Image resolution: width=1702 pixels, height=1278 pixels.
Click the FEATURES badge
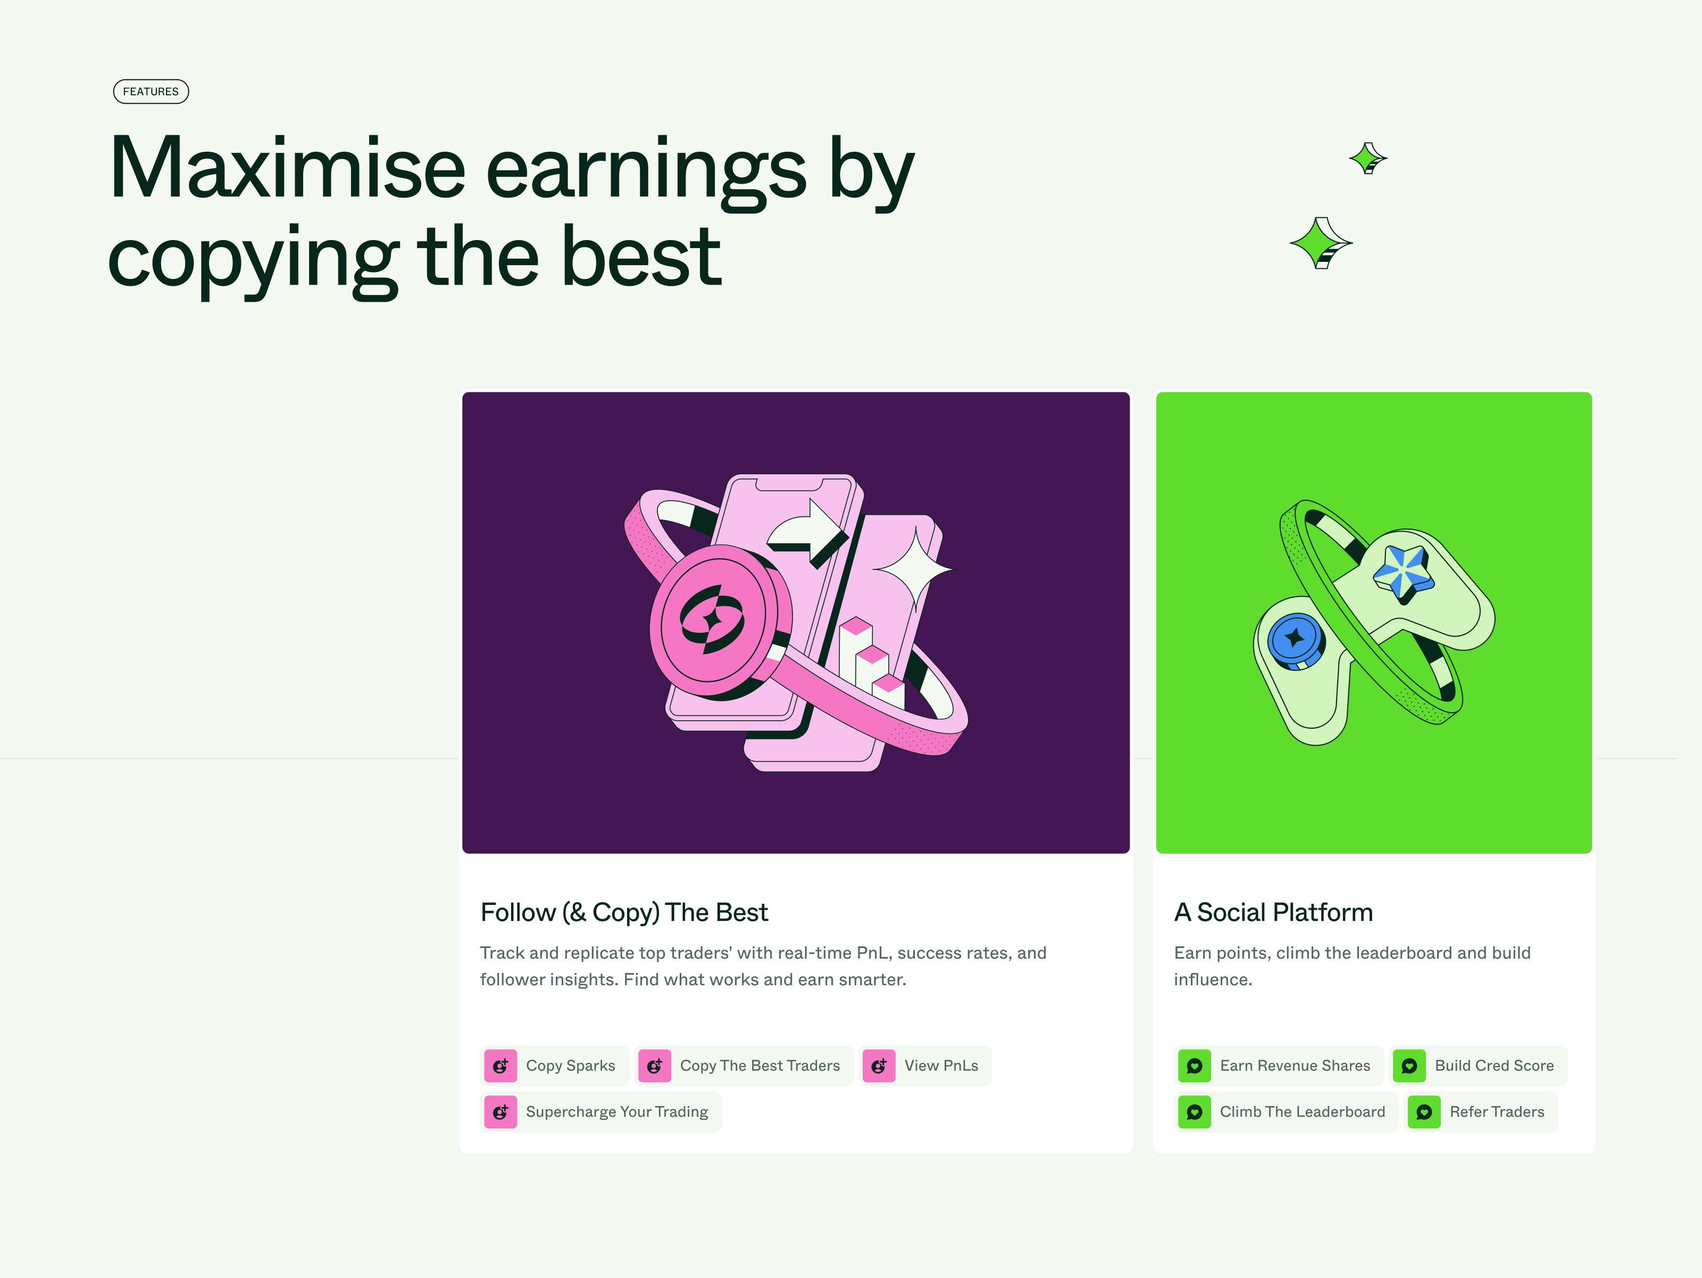point(151,92)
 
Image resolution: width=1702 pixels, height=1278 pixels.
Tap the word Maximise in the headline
point(288,168)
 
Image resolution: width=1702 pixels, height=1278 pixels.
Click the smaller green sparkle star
point(1368,159)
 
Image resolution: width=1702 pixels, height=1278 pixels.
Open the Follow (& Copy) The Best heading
point(624,912)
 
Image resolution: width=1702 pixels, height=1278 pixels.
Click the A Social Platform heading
point(1273,912)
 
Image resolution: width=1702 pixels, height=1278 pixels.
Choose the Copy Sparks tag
point(555,1066)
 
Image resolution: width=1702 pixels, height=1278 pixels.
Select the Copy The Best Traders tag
point(744,1066)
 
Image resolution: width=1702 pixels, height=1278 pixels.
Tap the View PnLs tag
point(925,1066)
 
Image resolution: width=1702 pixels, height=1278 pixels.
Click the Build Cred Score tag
point(1478,1066)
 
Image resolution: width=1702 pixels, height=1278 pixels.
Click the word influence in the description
point(1213,980)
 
